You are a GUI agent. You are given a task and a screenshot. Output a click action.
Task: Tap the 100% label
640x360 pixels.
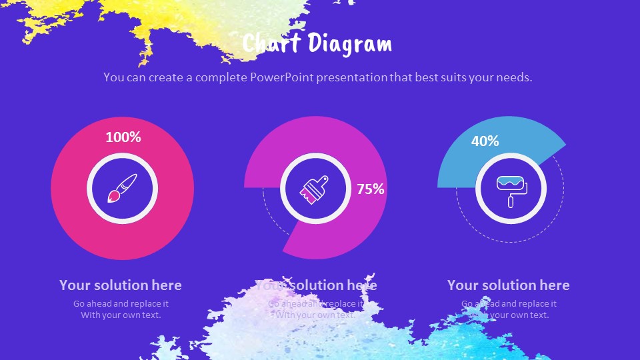point(123,137)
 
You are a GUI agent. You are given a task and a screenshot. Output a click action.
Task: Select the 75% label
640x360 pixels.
point(371,189)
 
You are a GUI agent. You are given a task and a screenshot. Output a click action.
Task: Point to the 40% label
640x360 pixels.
point(485,141)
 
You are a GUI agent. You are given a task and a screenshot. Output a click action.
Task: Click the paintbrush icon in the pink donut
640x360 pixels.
point(123,188)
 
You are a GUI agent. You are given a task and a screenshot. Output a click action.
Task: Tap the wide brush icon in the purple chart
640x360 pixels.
point(315,188)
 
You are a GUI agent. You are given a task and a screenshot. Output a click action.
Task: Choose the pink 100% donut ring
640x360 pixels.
point(73,200)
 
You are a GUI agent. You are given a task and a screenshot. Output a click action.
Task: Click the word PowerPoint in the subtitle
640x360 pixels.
point(282,77)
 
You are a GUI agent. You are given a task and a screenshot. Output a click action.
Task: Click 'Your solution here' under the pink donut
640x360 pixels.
point(121,285)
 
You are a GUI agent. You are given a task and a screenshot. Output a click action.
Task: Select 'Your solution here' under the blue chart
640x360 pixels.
point(508,285)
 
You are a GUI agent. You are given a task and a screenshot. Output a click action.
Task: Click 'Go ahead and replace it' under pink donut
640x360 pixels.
point(121,303)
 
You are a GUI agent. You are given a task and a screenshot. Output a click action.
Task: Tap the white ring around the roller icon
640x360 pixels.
point(512,157)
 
